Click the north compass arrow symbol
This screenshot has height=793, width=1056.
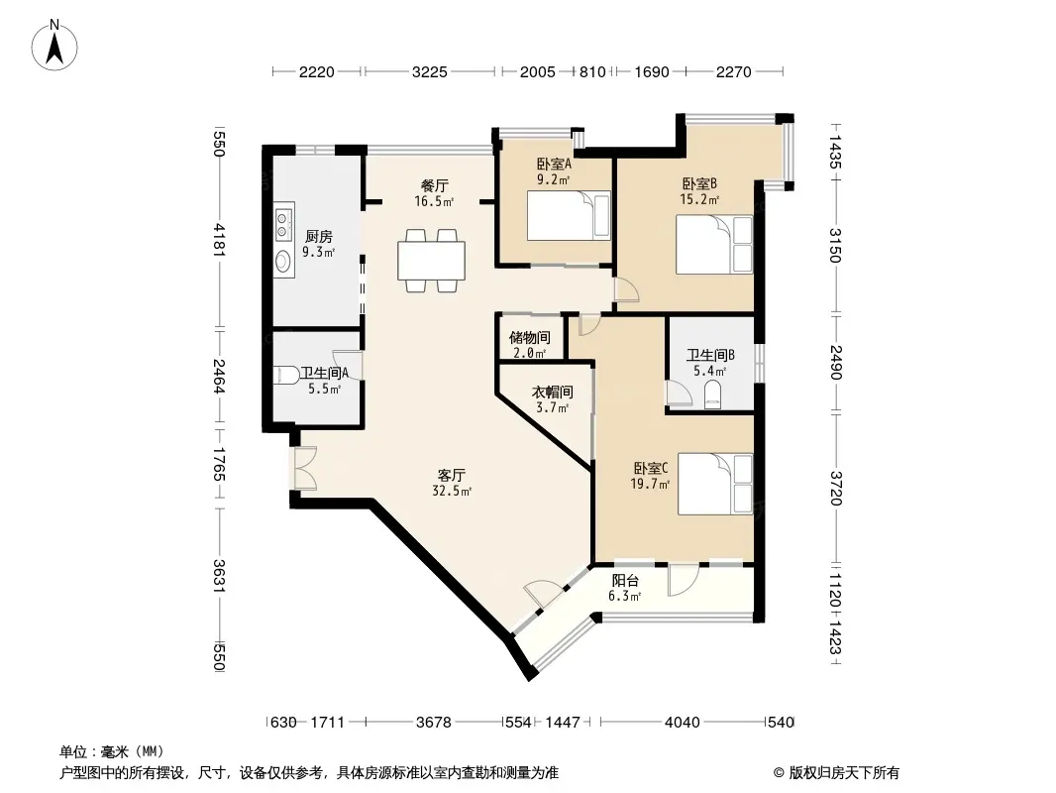[54, 45]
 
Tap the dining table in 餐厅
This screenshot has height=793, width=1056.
[431, 260]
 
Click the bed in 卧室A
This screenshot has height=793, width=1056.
[569, 216]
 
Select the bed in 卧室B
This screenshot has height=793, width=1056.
[714, 245]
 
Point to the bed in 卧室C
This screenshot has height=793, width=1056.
[715, 484]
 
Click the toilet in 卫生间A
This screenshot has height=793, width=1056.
[287, 375]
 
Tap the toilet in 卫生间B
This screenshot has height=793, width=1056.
[712, 395]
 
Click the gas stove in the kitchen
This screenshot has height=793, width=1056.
[284, 224]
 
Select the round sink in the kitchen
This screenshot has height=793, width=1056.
[284, 261]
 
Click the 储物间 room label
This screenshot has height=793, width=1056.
[529, 338]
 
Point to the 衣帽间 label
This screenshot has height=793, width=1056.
[552, 393]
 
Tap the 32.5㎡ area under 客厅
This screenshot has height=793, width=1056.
[452, 491]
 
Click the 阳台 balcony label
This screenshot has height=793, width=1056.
[625, 581]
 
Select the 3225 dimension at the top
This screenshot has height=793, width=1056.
[429, 71]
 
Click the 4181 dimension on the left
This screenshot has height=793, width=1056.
[219, 240]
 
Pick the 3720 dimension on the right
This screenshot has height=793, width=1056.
[836, 489]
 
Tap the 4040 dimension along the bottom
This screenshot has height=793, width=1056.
[683, 723]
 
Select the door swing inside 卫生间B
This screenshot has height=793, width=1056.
[679, 394]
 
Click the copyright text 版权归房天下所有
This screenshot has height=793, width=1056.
[844, 773]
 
